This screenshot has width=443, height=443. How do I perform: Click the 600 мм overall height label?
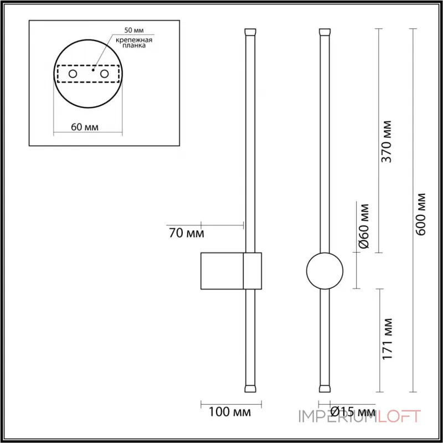click(422, 214)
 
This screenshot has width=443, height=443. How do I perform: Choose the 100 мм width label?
click(230, 413)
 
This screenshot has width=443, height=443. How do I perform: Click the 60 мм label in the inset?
click(85, 127)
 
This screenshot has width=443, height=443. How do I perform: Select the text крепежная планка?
click(134, 44)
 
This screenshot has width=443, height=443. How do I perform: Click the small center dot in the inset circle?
click(93, 71)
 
